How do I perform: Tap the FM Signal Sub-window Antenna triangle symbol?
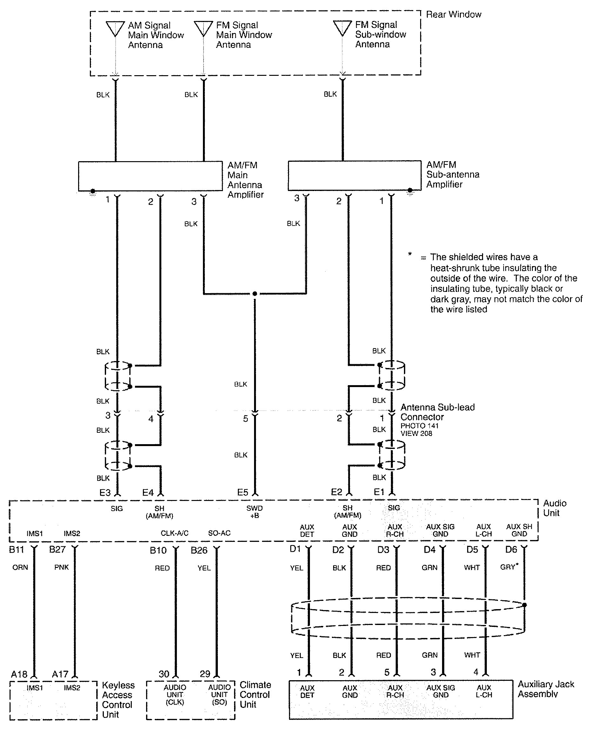click(x=342, y=28)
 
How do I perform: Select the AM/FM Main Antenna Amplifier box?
click(x=150, y=176)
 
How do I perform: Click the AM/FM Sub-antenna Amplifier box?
click(x=354, y=175)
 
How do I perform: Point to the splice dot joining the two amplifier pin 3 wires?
click(x=255, y=294)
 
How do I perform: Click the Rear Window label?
click(x=453, y=14)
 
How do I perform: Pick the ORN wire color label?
click(x=20, y=568)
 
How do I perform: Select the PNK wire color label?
click(x=62, y=567)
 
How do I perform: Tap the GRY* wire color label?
click(x=509, y=567)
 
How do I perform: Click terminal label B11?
click(x=16, y=549)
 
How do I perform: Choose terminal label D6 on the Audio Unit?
click(x=511, y=549)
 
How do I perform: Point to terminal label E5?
click(x=243, y=492)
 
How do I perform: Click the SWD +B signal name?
click(x=254, y=512)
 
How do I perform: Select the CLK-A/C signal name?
click(x=174, y=533)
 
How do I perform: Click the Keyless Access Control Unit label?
click(x=118, y=700)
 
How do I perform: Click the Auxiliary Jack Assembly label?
click(x=546, y=689)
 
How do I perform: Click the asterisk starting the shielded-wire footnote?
click(x=410, y=254)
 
